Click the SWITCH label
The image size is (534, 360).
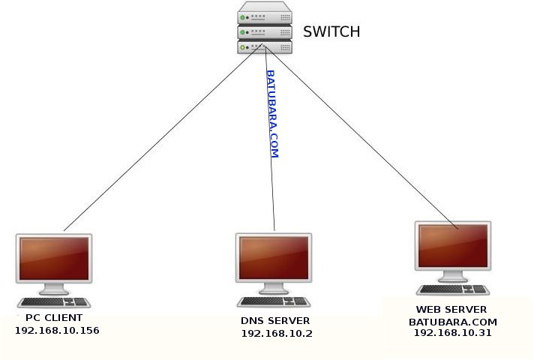331,31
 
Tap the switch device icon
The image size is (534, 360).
265,28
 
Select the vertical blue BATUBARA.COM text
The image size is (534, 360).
272,114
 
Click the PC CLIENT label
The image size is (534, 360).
54,318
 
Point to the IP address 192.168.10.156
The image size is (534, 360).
57,330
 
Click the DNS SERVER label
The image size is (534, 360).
275,320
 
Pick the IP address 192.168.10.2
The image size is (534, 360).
277,334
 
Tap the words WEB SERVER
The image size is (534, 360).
451,309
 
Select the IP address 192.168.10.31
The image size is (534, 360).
452,333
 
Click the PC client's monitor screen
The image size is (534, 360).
54,259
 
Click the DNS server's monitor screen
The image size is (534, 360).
274,258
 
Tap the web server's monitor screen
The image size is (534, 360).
453,245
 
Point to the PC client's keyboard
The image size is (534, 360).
54,302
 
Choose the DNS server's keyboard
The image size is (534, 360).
274,301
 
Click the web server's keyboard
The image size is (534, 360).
453,289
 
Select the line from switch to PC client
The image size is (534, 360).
163,137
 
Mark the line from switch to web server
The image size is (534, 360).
361,137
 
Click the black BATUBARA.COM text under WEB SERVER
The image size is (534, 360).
452,322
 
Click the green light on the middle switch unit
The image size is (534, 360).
242,32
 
